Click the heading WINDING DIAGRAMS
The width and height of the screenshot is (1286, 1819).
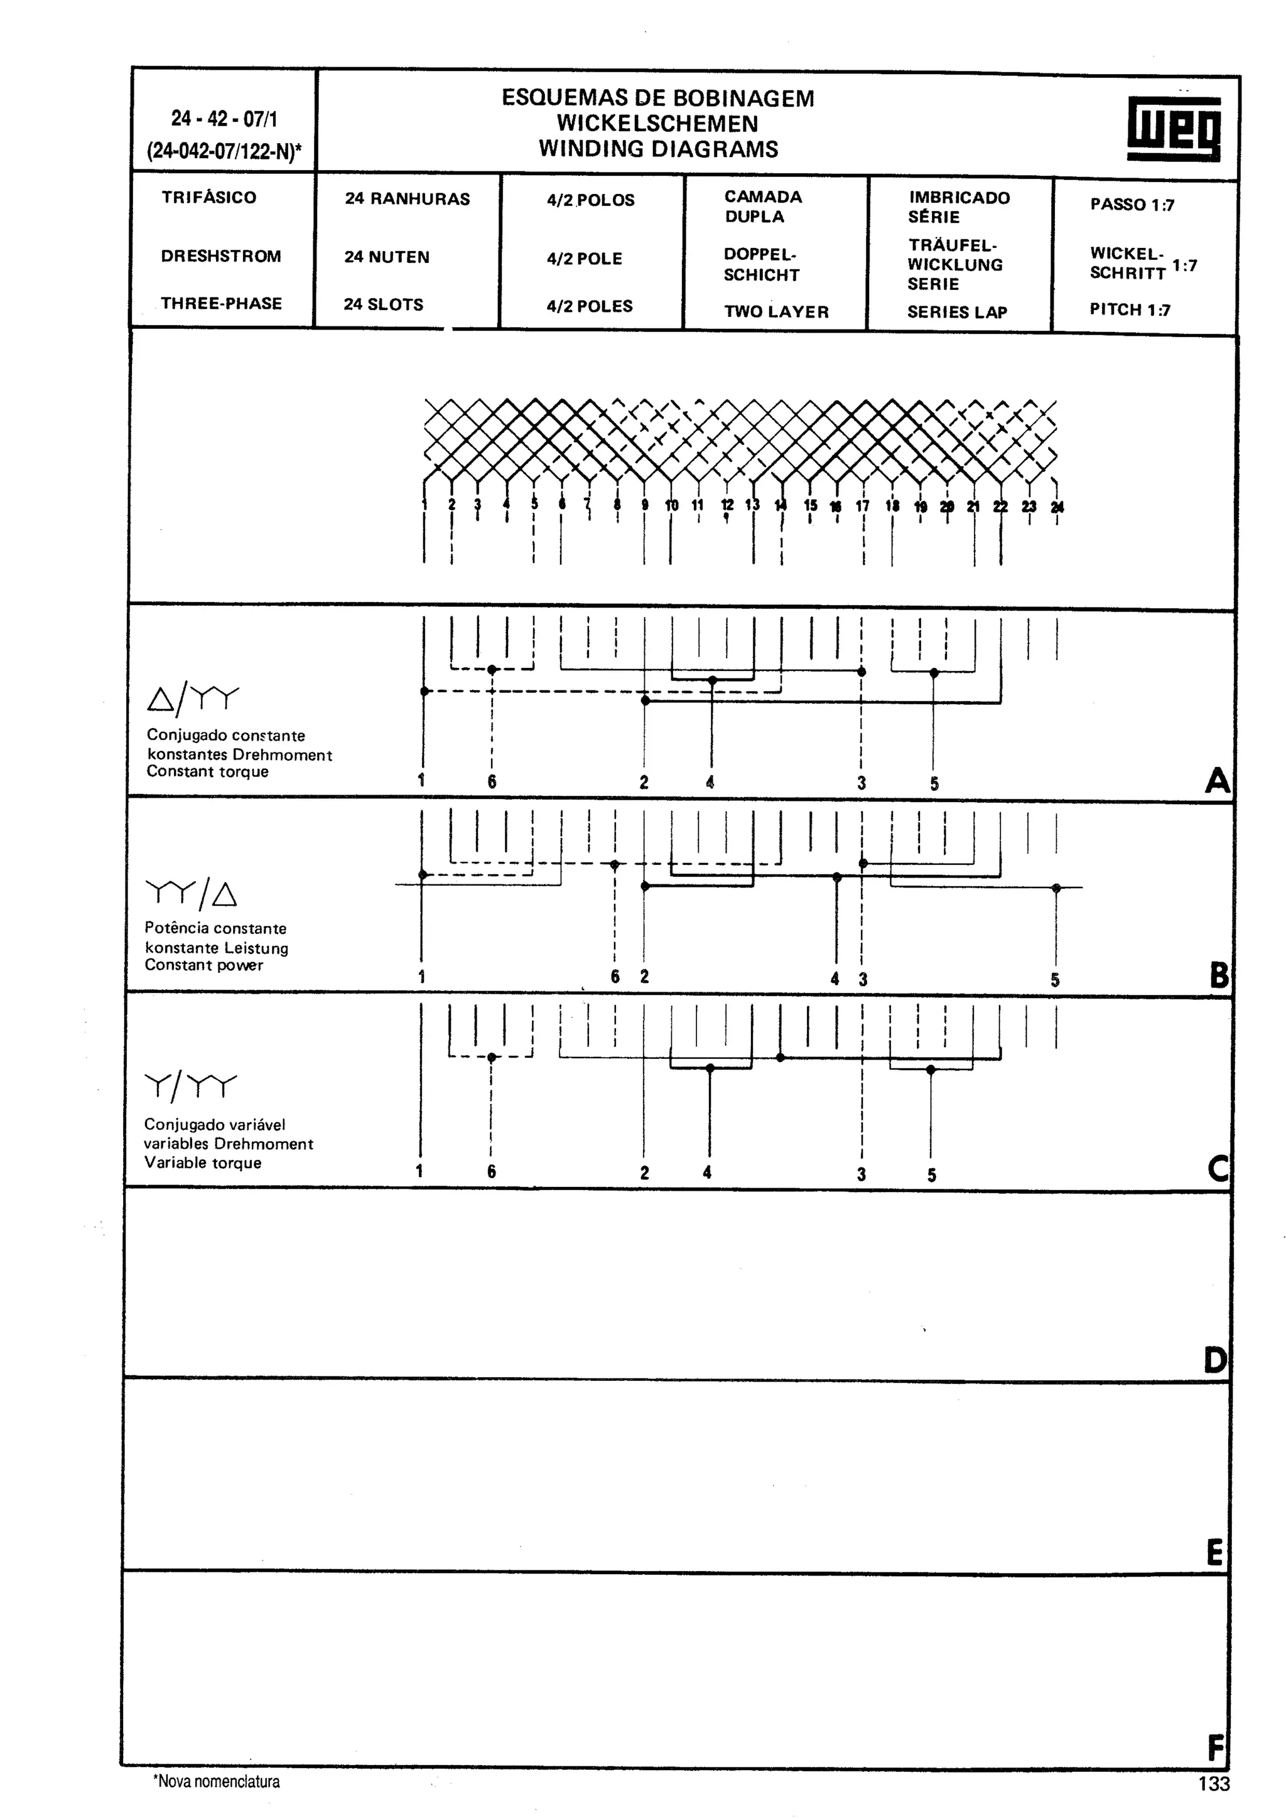coord(659,149)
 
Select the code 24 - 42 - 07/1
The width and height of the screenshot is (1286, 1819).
coord(224,119)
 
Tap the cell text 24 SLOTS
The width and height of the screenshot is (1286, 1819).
coord(384,304)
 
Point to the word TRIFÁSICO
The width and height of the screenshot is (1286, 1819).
coord(209,197)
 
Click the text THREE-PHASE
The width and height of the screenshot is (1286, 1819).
coord(221,303)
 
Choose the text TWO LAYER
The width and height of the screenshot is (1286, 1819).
coord(775,312)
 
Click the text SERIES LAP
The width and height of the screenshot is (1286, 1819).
coord(957,312)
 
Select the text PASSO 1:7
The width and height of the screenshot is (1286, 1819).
coord(1132,205)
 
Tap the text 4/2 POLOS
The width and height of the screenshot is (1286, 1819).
coord(590,200)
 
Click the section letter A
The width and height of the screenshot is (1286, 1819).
coord(1217,781)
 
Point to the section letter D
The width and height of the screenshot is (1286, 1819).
coord(1214,1360)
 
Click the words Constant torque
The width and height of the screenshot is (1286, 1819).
coord(208,771)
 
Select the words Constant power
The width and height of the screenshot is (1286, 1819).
coord(203,965)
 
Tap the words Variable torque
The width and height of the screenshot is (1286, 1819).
coord(202,1162)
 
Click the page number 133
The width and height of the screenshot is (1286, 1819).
coord(1214,1784)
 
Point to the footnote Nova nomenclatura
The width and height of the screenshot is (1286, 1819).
coord(216,1782)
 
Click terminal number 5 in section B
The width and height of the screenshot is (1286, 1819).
coord(1055,980)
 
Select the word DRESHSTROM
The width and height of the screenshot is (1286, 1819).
coord(221,256)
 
